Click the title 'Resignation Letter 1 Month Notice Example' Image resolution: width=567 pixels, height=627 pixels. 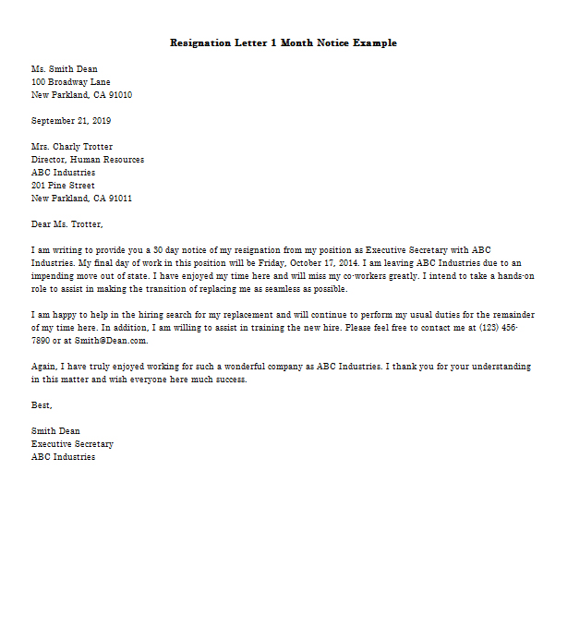283,43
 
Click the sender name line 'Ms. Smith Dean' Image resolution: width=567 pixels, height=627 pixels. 64,69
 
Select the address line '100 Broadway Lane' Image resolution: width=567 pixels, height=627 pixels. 71,82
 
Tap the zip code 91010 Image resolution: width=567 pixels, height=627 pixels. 120,95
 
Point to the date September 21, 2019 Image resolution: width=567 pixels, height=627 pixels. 71,121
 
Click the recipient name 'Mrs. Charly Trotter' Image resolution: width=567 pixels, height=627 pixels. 72,147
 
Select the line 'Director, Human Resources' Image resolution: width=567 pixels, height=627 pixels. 88,160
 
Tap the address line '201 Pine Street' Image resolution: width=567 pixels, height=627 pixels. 63,186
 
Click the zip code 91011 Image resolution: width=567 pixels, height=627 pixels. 120,199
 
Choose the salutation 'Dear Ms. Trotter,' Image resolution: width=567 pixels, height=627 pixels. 67,224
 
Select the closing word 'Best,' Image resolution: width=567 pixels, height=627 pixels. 42,405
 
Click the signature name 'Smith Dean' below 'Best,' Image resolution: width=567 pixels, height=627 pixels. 55,431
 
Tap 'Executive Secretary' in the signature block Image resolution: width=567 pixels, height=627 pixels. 72,444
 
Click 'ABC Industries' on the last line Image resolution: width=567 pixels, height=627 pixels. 63,457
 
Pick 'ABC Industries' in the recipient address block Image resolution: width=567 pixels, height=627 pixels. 63,173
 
